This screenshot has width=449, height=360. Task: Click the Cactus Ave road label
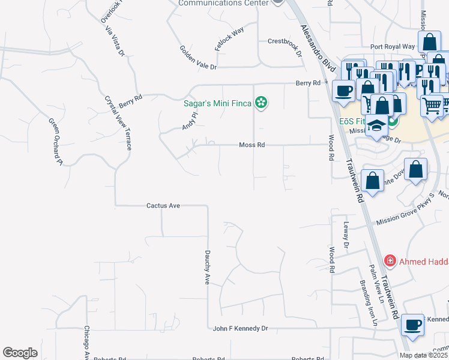[163, 205]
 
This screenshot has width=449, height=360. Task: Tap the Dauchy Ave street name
[206, 267]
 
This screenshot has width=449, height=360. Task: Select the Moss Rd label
[252, 145]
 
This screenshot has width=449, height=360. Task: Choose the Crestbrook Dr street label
[284, 47]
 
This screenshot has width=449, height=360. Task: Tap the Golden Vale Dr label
[197, 58]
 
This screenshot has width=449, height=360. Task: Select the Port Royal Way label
[393, 46]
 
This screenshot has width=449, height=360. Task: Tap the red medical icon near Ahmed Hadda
[390, 261]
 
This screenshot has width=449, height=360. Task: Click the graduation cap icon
[377, 125]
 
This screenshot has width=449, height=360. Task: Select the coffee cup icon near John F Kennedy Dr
[412, 325]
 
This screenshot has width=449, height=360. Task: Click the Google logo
[20, 353]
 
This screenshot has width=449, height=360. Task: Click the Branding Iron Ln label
[367, 302]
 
